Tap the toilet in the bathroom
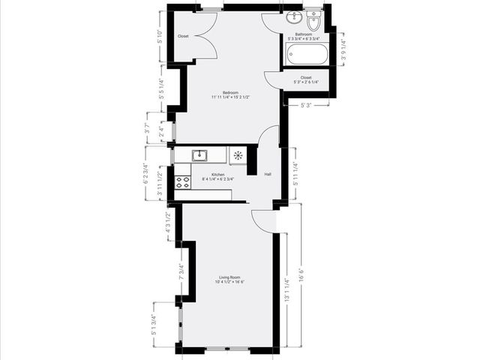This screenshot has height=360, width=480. click(313, 22)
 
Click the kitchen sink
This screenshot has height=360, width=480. click(199, 156)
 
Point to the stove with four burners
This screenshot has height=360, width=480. click(183, 181)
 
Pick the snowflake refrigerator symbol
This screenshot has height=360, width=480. click(238, 156)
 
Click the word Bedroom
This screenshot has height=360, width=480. click(230, 92)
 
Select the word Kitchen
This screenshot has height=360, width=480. click(217, 175)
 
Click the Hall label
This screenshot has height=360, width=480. click(268, 175)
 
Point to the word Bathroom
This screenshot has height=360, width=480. click(304, 34)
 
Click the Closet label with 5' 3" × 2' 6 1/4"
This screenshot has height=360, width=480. click(306, 77)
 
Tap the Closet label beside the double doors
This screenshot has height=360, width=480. click(183, 36)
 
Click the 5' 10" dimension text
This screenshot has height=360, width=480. click(160, 36)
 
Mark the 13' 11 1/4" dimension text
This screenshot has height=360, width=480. click(286, 291)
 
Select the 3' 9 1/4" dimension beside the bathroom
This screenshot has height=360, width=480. click(343, 48)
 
